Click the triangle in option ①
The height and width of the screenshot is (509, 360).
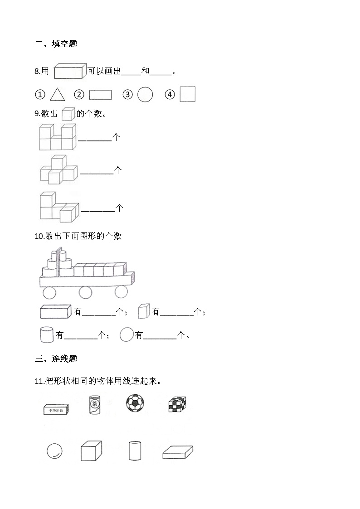[x=57, y=94]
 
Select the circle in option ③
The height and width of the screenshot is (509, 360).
[x=145, y=94]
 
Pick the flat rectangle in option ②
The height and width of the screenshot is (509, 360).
[x=100, y=95]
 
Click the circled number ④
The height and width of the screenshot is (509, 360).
[x=170, y=95]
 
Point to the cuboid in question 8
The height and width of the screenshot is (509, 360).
[x=70, y=71]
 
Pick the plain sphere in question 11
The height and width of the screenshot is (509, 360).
[x=54, y=451]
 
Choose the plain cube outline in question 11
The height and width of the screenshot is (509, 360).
[x=91, y=451]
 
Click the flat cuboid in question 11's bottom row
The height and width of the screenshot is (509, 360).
[x=177, y=452]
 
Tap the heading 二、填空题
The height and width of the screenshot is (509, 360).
[x=56, y=44]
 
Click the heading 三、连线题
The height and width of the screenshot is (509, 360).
[x=56, y=359]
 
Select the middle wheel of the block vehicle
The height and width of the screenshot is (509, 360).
[x=86, y=292]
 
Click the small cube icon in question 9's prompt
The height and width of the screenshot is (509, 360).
[x=68, y=114]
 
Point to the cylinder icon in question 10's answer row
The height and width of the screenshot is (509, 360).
[x=47, y=335]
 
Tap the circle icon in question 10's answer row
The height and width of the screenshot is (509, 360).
[x=126, y=335]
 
